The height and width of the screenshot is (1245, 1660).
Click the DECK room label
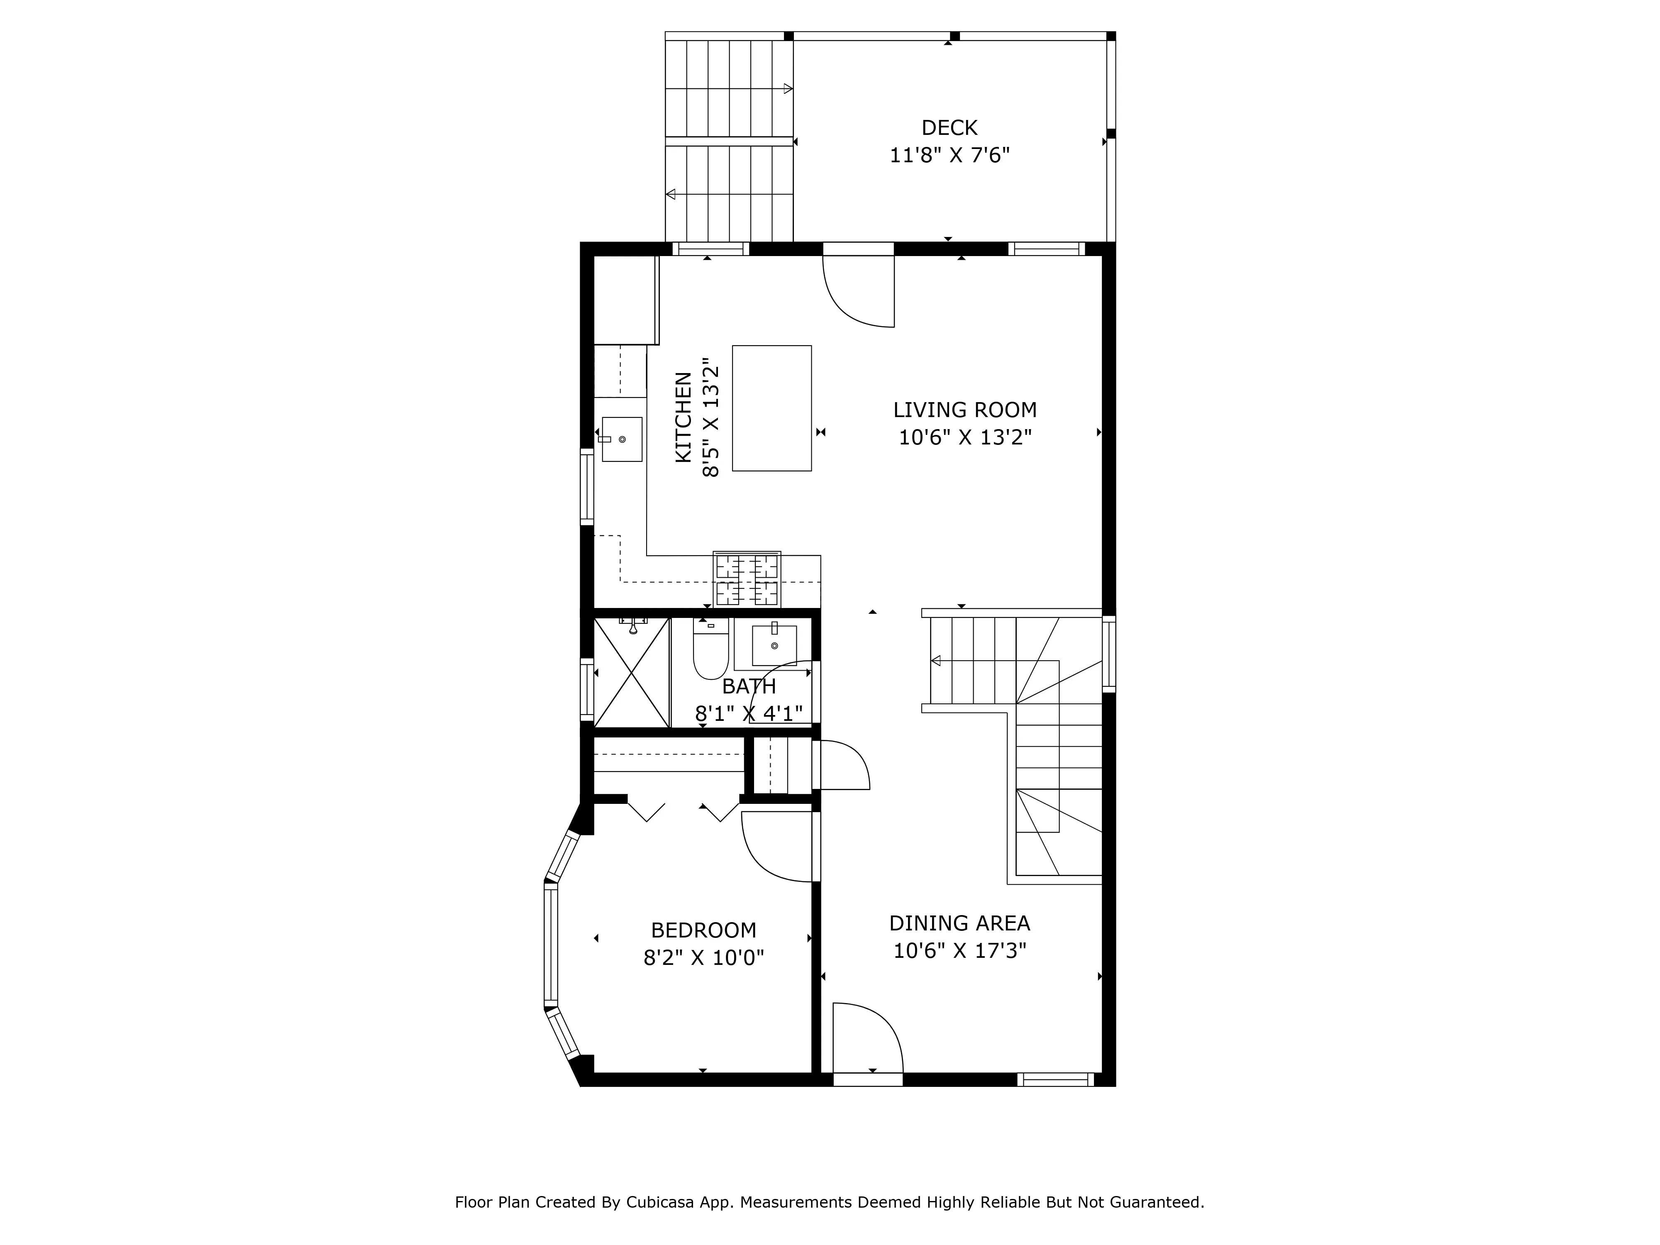(x=950, y=127)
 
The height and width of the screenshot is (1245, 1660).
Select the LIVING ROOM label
(x=964, y=410)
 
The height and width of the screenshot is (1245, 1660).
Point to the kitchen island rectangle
(x=771, y=408)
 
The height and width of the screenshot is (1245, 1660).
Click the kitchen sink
(x=621, y=439)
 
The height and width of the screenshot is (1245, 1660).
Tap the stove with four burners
(x=747, y=579)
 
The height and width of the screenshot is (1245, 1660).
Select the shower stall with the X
(x=631, y=672)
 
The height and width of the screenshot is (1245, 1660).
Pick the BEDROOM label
(x=703, y=930)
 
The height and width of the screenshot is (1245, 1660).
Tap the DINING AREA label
(x=959, y=923)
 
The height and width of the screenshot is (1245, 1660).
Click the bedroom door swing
(x=777, y=848)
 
